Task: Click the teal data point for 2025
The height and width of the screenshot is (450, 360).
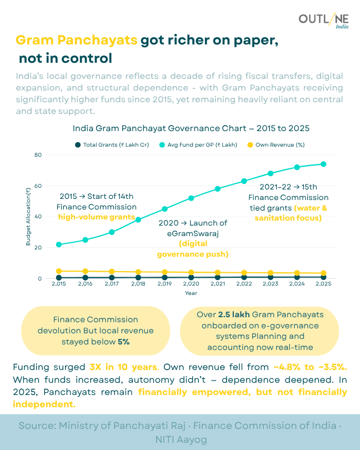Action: point(323,164)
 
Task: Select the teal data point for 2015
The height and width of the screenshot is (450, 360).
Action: point(59,244)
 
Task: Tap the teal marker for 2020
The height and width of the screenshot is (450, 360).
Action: point(191,198)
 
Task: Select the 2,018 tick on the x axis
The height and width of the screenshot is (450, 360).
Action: point(138,284)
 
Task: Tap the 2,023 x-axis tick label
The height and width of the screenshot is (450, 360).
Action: point(271,284)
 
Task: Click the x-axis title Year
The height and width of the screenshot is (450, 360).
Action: point(191,293)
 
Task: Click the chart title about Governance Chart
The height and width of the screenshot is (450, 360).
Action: point(191,128)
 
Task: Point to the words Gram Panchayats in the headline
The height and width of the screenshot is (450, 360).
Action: point(76,41)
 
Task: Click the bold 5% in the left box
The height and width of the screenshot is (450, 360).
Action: point(123,342)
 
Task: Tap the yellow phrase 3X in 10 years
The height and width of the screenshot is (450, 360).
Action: point(124,368)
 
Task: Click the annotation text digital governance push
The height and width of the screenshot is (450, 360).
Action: point(192,249)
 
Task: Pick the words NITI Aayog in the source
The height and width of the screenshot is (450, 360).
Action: point(179,439)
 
